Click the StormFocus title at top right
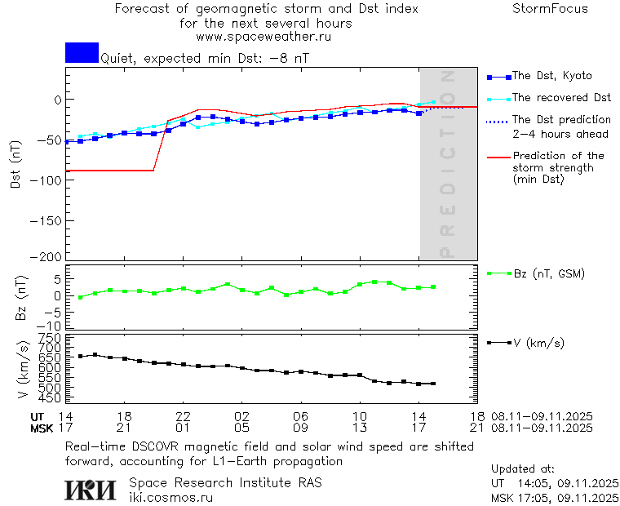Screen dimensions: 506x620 [551, 9]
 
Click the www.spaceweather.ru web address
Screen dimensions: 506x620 [263, 37]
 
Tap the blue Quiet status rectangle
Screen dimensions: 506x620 [82, 52]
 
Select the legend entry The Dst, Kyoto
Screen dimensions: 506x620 [551, 76]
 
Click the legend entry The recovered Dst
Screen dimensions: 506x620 [561, 98]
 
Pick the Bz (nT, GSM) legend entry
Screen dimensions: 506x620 [548, 273]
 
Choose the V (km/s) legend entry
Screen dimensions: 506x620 [539, 343]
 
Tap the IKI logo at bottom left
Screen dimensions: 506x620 [91, 490]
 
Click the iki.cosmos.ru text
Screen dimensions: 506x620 [170, 497]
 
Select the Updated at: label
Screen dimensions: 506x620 [523, 469]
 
